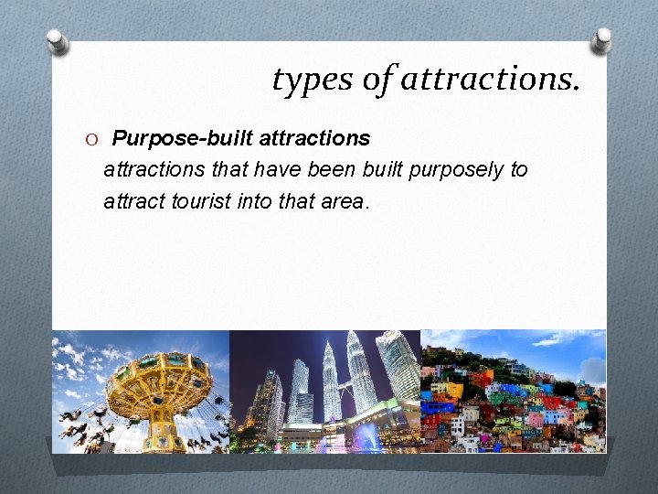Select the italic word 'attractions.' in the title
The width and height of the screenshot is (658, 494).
pos(489,81)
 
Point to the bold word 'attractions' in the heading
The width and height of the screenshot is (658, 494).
pos(315,138)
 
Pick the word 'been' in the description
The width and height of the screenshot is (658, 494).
pos(327,170)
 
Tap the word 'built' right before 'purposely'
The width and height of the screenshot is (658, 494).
pos(381,170)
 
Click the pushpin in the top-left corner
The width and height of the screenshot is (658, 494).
pos(58,40)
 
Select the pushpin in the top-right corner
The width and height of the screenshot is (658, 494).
pos(602,39)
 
